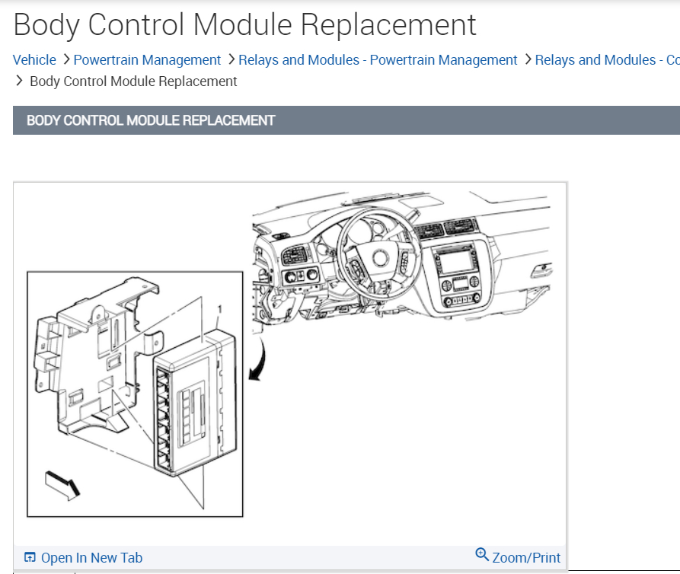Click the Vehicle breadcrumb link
pyautogui.click(x=34, y=60)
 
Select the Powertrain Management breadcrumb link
pyautogui.click(x=147, y=60)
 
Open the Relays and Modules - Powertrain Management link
pyautogui.click(x=378, y=60)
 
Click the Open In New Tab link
pyautogui.click(x=91, y=558)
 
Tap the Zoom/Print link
pyautogui.click(x=526, y=558)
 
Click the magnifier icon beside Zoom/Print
pyautogui.click(x=482, y=555)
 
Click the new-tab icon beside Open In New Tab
pyautogui.click(x=30, y=558)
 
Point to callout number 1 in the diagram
pyautogui.click(x=219, y=310)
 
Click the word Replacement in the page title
pyautogui.click(x=388, y=25)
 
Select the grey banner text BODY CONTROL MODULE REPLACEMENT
pyautogui.click(x=151, y=120)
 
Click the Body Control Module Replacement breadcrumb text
pyautogui.click(x=133, y=81)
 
